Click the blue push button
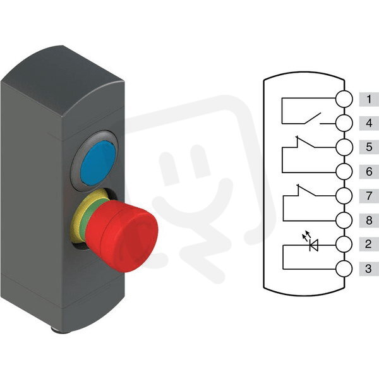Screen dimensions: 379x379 click(x=98, y=164)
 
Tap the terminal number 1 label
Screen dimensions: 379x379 click(x=369, y=99)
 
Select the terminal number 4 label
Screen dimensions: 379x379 click(x=369, y=123)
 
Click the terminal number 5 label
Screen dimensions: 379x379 click(x=369, y=147)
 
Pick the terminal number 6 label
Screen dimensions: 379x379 click(x=369, y=172)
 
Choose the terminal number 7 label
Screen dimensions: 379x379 click(x=369, y=196)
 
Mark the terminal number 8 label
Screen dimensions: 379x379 click(x=369, y=220)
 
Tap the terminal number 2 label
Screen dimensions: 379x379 click(x=369, y=244)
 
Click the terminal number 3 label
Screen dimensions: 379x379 click(x=369, y=268)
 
